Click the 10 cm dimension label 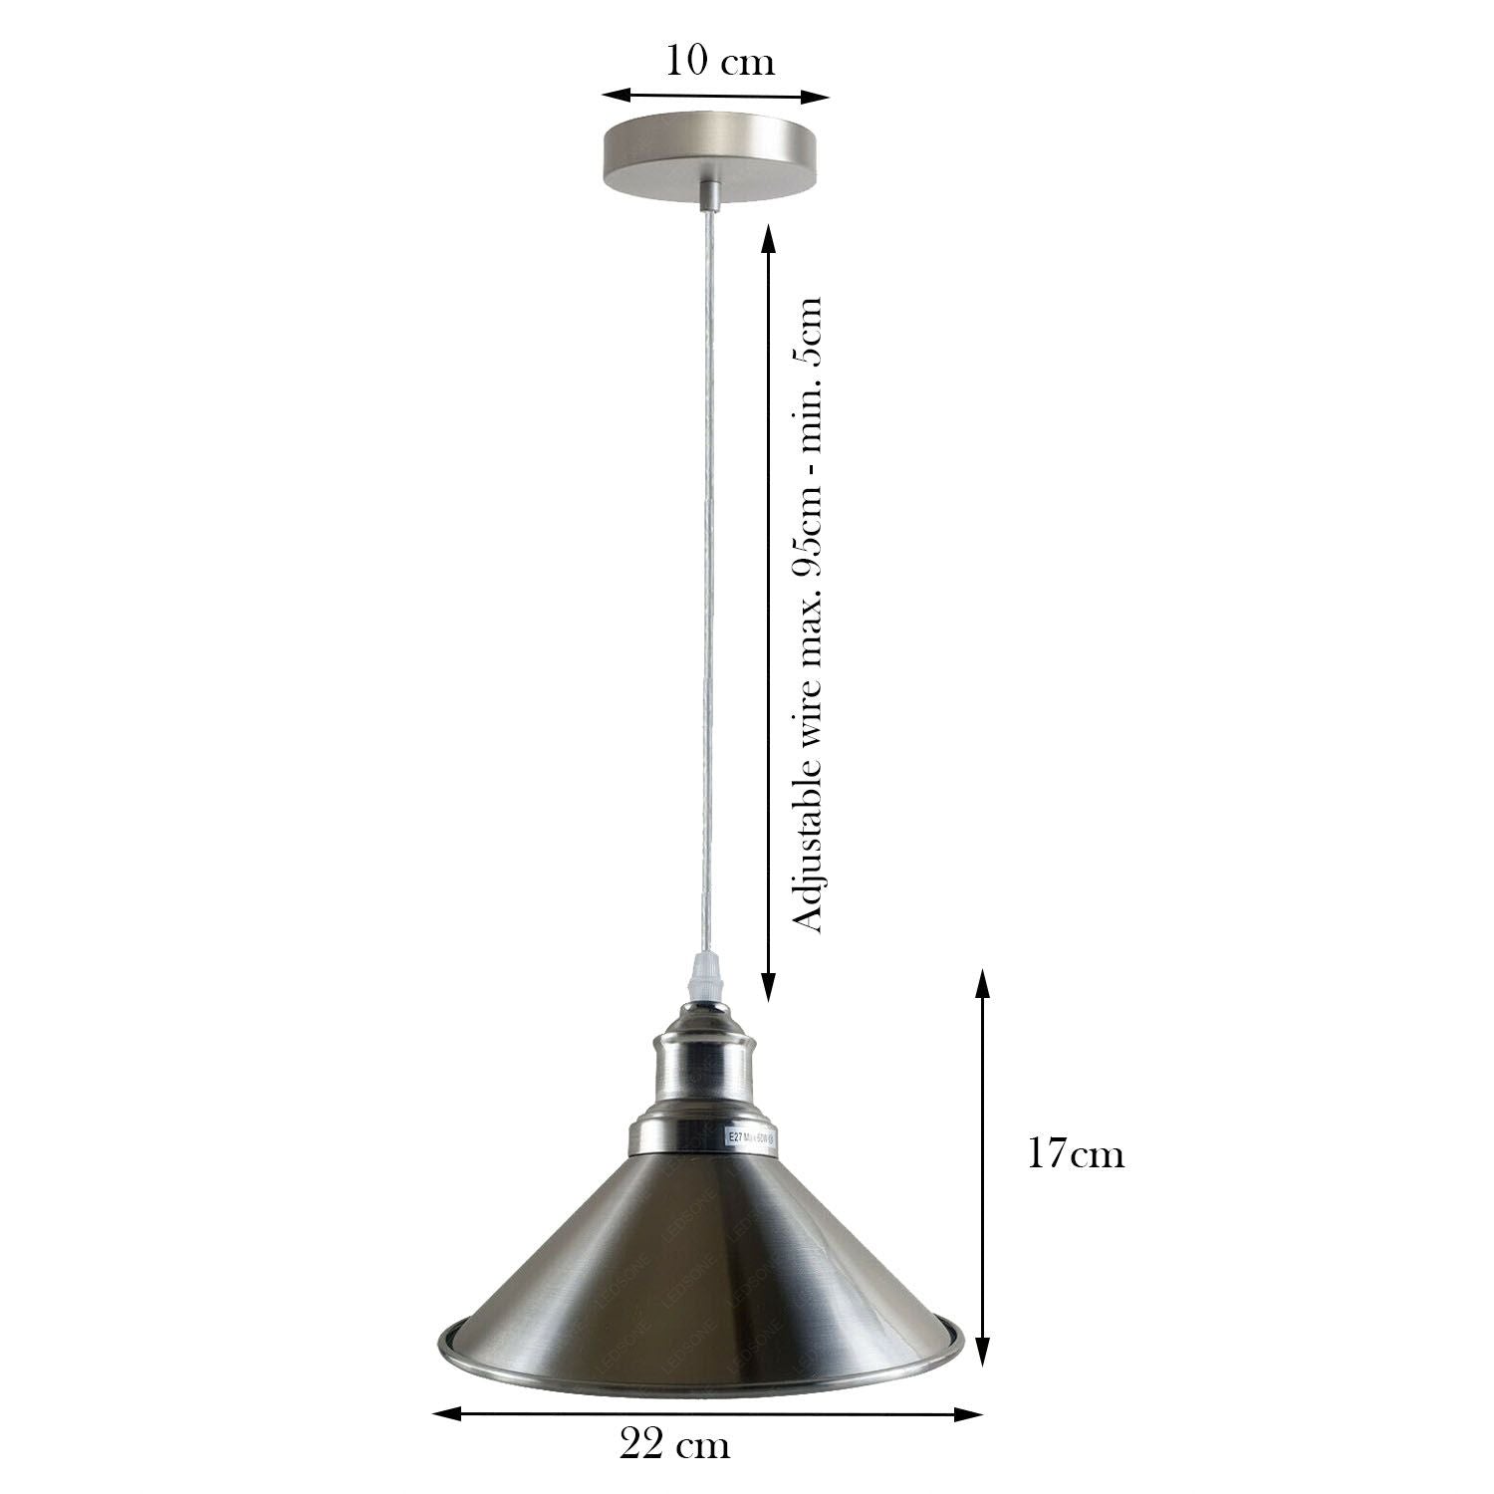(719, 62)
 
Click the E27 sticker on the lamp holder (746, 1137)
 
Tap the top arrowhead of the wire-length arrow (768, 237)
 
